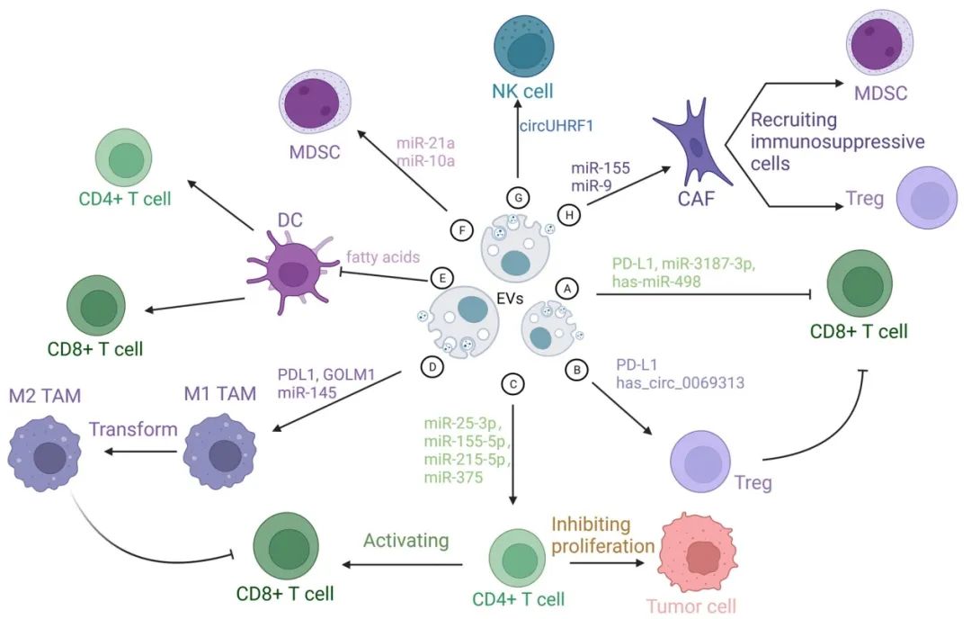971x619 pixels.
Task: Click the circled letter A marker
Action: point(567,288)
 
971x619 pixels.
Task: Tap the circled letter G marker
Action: point(519,198)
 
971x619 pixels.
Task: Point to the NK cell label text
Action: point(523,90)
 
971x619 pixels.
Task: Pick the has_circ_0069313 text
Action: point(680,382)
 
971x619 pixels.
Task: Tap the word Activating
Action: point(406,541)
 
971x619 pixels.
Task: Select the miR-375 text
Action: point(453,478)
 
